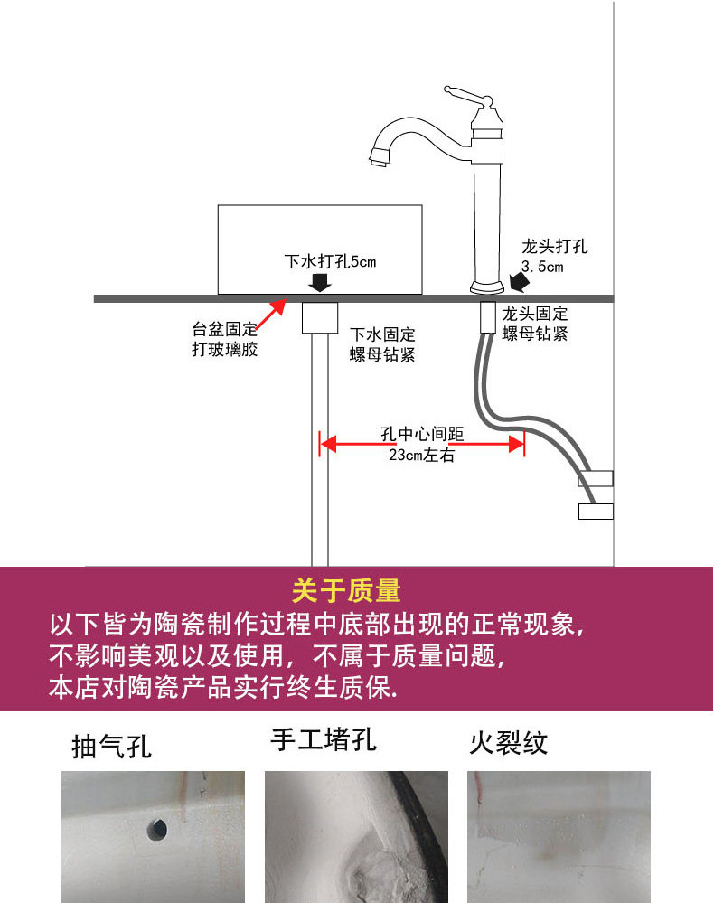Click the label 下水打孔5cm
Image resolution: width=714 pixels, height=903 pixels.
[330, 262]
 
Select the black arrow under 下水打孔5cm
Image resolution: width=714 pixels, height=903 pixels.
[318, 283]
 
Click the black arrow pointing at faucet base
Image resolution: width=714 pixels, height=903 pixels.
[519, 282]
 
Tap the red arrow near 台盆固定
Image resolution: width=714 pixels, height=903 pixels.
[267, 315]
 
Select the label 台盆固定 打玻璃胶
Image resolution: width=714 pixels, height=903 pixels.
[225, 338]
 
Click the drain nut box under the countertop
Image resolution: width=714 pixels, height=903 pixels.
[318, 316]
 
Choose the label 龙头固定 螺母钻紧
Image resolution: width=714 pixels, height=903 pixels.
[535, 324]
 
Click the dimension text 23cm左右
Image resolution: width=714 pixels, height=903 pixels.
[421, 456]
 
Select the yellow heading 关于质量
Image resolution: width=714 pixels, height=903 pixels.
[346, 591]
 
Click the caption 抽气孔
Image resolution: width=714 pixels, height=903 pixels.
[112, 747]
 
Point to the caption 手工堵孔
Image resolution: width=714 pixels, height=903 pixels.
[324, 740]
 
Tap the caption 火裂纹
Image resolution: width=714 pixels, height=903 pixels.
[509, 743]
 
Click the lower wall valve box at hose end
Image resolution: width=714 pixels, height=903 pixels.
[596, 512]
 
